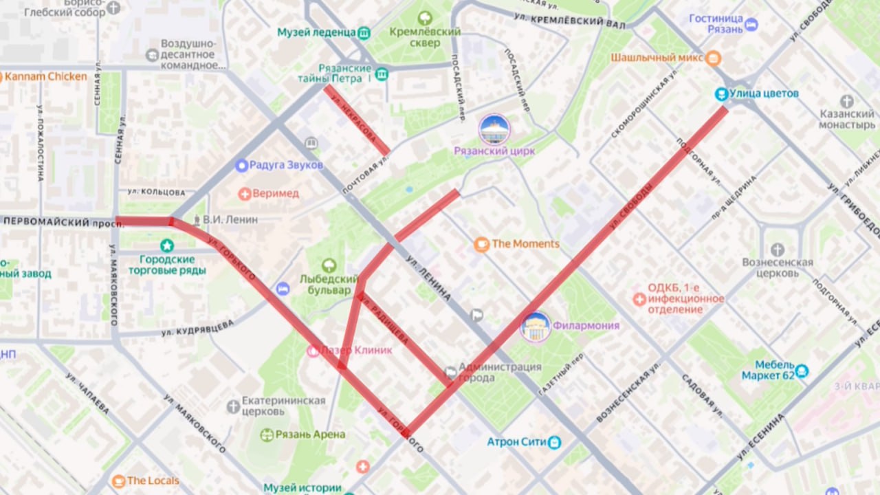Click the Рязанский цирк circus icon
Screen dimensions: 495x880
494,130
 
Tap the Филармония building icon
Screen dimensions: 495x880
536,327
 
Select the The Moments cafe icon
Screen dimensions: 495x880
482,244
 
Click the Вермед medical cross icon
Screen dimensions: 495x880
244,194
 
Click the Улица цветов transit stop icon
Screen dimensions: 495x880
720,93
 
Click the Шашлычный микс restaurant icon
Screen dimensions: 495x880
713,58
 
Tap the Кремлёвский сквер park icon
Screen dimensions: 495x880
425,18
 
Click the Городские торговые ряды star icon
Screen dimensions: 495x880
166,245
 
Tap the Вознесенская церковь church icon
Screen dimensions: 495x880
778,250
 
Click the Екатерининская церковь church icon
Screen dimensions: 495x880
234,406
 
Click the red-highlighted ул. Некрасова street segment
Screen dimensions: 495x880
357,120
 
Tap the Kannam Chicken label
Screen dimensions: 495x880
45,76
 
